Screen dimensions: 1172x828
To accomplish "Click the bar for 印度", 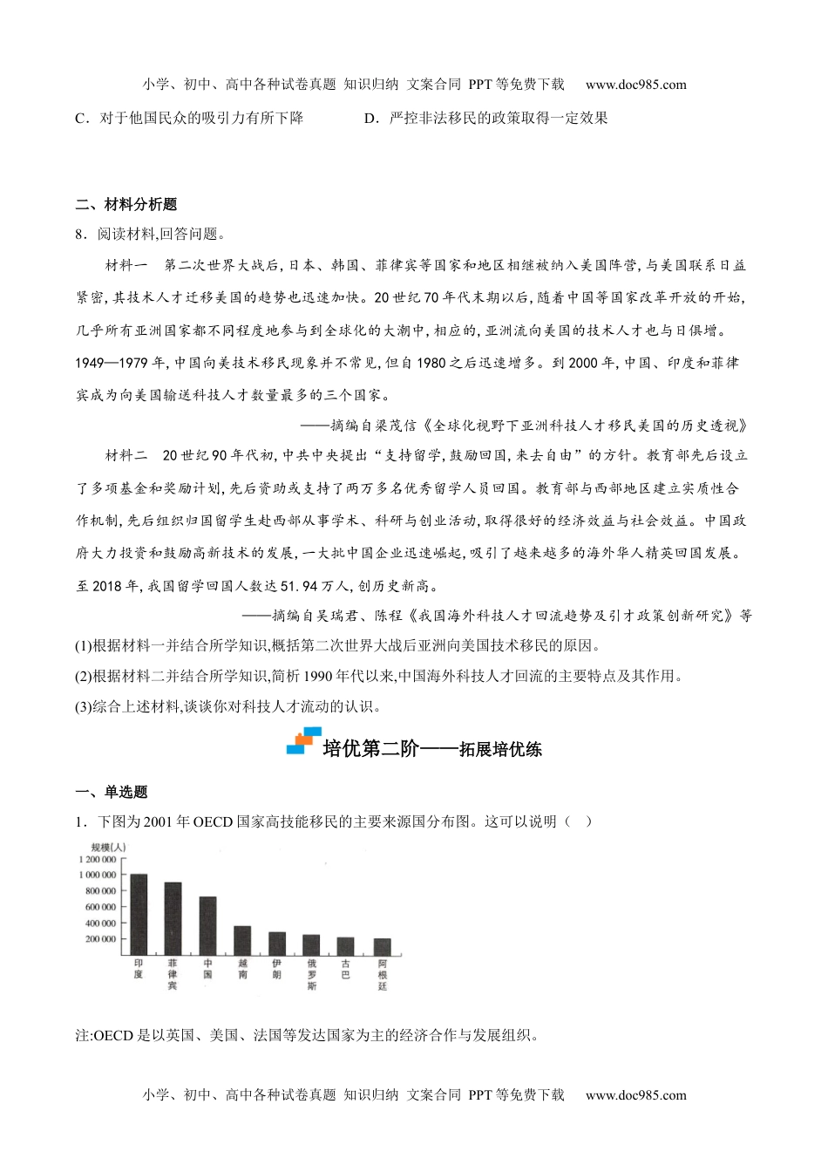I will pyautogui.click(x=139, y=914).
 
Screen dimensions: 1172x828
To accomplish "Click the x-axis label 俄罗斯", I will pyautogui.click(x=312, y=973).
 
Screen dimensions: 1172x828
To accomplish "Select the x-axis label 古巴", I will pyautogui.click(x=347, y=968).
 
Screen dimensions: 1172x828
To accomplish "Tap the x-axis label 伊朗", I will pyautogui.click(x=277, y=968).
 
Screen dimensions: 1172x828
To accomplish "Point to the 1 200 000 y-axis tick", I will pyautogui.click(x=98, y=859).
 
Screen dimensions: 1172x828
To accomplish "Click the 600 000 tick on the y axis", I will pyautogui.click(x=101, y=907).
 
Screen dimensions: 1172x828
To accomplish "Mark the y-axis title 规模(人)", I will pyautogui.click(x=109, y=846).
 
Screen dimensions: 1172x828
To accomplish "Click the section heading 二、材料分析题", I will pyautogui.click(x=126, y=204).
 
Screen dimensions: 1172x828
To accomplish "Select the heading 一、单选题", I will pyautogui.click(x=112, y=792).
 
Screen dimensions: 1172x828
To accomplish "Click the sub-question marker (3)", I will pyautogui.click(x=85, y=706).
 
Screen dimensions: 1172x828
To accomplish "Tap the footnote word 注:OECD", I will pyautogui.click(x=105, y=1036).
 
